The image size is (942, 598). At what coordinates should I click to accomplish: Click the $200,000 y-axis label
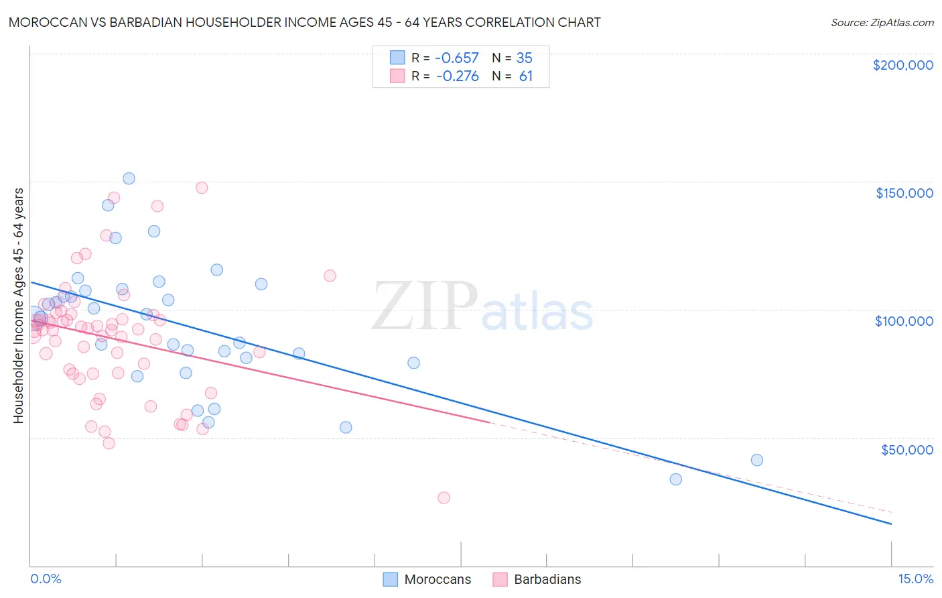click(x=902, y=65)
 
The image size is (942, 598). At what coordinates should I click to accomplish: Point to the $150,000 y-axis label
click(x=904, y=193)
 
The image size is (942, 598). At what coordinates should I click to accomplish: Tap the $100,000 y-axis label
click(x=904, y=321)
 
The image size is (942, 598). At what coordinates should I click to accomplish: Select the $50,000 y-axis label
click(x=906, y=449)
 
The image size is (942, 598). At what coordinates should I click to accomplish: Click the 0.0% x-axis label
click(x=46, y=579)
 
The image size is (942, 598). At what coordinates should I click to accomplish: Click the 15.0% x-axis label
click(x=915, y=579)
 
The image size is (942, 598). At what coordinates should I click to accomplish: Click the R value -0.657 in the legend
click(x=457, y=58)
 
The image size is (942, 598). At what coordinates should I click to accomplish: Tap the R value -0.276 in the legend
click(x=457, y=76)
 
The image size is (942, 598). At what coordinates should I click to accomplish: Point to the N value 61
click(x=526, y=76)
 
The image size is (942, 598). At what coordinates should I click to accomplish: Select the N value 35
click(x=525, y=58)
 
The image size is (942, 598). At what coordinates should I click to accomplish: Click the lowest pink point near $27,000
click(x=444, y=497)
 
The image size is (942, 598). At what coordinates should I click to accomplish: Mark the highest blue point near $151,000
click(x=129, y=178)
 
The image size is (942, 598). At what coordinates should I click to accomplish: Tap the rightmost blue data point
click(x=757, y=460)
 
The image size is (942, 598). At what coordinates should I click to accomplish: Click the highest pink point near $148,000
click(x=202, y=188)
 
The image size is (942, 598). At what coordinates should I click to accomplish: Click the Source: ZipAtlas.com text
click(x=882, y=22)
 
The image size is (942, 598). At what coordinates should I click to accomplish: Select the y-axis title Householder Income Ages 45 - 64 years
click(x=18, y=305)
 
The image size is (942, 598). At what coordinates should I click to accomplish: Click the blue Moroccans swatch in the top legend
click(x=398, y=58)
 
